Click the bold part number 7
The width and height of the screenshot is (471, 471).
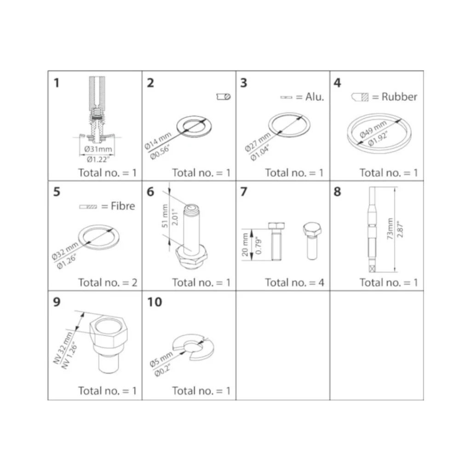point(244,192)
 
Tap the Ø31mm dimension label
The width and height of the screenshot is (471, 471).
point(98,149)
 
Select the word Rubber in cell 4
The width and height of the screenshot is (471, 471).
point(399,97)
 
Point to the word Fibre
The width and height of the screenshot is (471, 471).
point(123,206)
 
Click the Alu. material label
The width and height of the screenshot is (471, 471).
point(315,97)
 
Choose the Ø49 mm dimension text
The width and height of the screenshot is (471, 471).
point(373,130)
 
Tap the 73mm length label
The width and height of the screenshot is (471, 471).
point(390,229)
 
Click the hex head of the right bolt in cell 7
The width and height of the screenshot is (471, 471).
point(312,230)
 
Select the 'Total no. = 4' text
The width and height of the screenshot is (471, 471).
point(294,283)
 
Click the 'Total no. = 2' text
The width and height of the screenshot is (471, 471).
point(108,283)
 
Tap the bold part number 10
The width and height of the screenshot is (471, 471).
point(155,302)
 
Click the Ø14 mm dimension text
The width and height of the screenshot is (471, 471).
point(158,141)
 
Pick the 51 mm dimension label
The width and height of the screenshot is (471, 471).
point(165,216)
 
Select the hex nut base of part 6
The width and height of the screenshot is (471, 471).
point(191,257)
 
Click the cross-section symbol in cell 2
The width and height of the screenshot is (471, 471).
point(224,97)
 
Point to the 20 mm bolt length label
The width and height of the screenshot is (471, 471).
point(245,245)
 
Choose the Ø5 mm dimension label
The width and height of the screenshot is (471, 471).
point(161,359)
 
